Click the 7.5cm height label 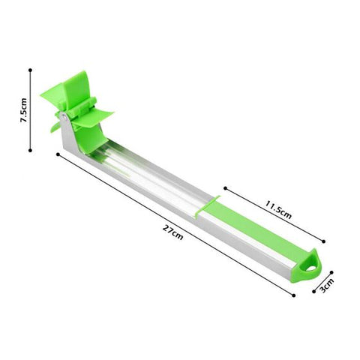pos(25,113)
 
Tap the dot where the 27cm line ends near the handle pos(293,295)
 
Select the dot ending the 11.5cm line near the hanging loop pos(323,241)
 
